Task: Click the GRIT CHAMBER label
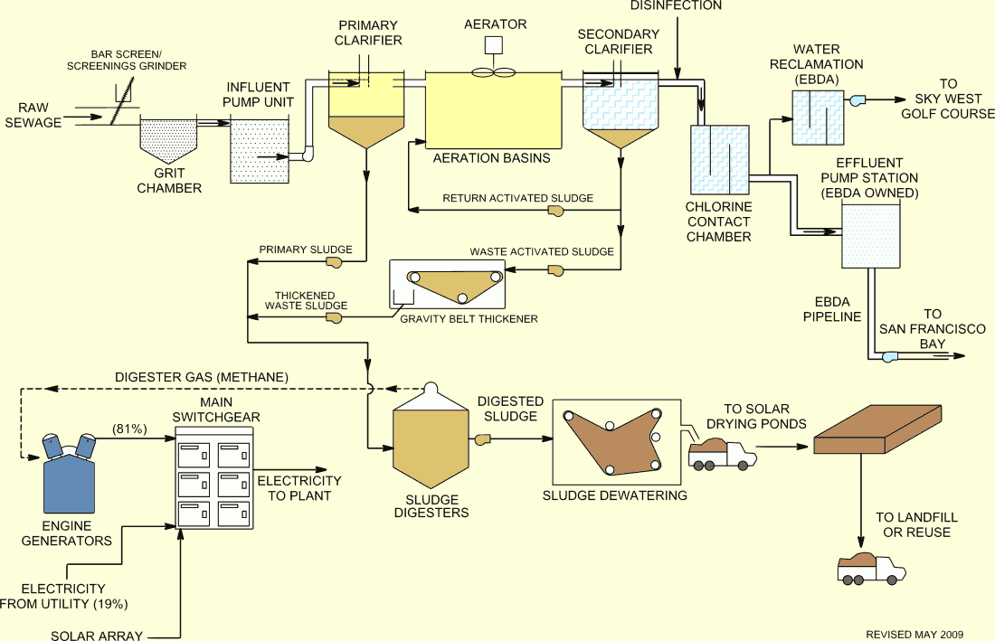pyautogui.click(x=169, y=181)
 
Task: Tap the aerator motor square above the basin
pyautogui.click(x=495, y=45)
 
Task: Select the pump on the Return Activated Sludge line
pyautogui.click(x=556, y=212)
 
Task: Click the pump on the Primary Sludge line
pyautogui.click(x=334, y=262)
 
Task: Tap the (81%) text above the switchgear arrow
pyautogui.click(x=129, y=429)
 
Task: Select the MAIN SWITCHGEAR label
pyautogui.click(x=216, y=410)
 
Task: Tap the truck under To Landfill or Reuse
pyautogui.click(x=870, y=569)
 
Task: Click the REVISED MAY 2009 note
pyautogui.click(x=914, y=635)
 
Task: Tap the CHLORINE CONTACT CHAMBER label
pyautogui.click(x=719, y=222)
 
